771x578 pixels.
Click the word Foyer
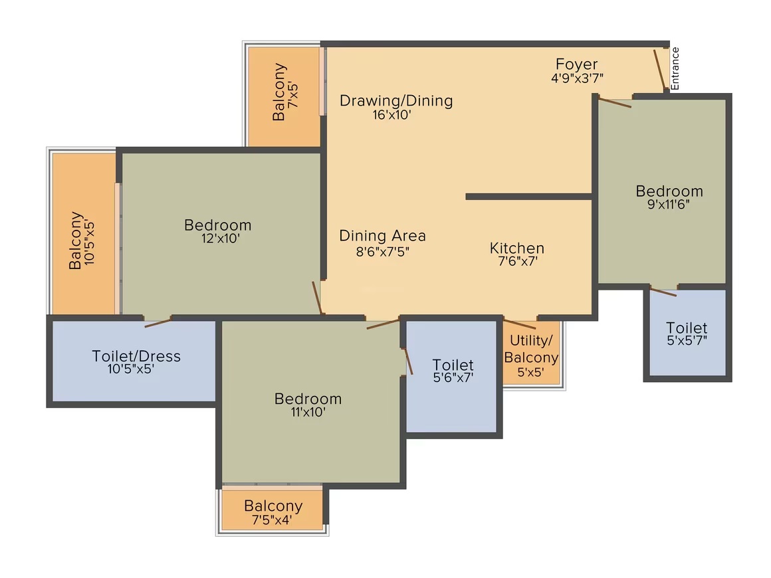coord(576,64)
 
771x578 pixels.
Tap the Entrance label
coord(675,68)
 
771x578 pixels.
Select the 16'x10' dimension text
coord(391,115)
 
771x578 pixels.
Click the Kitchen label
coord(517,248)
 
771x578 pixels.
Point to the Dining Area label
coord(383,235)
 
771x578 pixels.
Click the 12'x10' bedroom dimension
coord(220,239)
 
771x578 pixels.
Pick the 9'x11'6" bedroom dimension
coord(668,204)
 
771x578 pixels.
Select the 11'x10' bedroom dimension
coord(308,412)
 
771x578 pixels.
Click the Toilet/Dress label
coord(136,356)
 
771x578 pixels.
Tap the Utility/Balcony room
coord(532,352)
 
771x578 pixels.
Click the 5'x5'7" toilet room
coord(687,333)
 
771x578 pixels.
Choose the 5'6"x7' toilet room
coord(451,377)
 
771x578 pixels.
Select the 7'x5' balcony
coord(284,96)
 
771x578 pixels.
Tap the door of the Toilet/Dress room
coord(158,323)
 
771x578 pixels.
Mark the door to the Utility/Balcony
coord(519,324)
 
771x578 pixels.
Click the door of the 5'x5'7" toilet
coord(663,291)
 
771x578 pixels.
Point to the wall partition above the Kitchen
coord(528,197)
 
